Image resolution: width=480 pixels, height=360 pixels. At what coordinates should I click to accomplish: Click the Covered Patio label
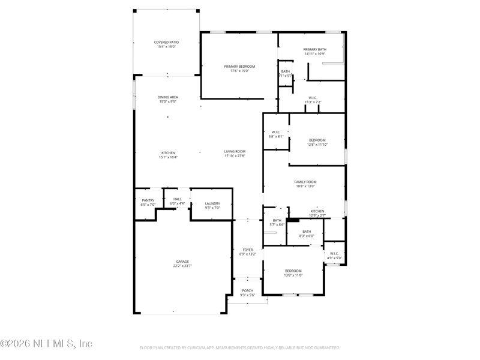pyautogui.click(x=167, y=42)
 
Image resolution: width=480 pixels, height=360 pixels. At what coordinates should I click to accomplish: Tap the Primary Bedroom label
pyautogui.click(x=239, y=66)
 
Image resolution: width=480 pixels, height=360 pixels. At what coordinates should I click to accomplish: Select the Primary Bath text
pyautogui.click(x=314, y=49)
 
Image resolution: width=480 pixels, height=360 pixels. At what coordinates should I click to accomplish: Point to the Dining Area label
pyautogui.click(x=168, y=97)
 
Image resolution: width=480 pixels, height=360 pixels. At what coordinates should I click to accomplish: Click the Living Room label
pyautogui.click(x=235, y=151)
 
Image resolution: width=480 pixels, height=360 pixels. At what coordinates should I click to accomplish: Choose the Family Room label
pyautogui.click(x=305, y=182)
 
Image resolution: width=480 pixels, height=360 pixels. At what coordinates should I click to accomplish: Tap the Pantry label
pyautogui.click(x=148, y=200)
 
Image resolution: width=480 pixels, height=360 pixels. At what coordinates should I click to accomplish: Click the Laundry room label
pyautogui.click(x=212, y=203)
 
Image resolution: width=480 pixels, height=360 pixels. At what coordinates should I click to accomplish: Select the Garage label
pyautogui.click(x=182, y=262)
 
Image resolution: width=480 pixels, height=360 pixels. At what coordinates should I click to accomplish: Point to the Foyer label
pyautogui.click(x=248, y=250)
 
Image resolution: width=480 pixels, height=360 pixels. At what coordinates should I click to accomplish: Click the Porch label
pyautogui.click(x=248, y=290)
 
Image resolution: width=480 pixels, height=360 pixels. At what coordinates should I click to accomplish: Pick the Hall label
pyautogui.click(x=177, y=199)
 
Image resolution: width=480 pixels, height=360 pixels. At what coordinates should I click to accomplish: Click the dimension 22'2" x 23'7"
pyautogui.click(x=182, y=266)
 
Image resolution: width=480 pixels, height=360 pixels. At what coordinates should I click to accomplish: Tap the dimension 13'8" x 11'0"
pyautogui.click(x=293, y=275)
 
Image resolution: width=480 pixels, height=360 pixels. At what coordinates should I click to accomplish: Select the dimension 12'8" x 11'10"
pyautogui.click(x=317, y=145)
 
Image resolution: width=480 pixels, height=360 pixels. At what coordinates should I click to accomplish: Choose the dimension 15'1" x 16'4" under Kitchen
pyautogui.click(x=168, y=157)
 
